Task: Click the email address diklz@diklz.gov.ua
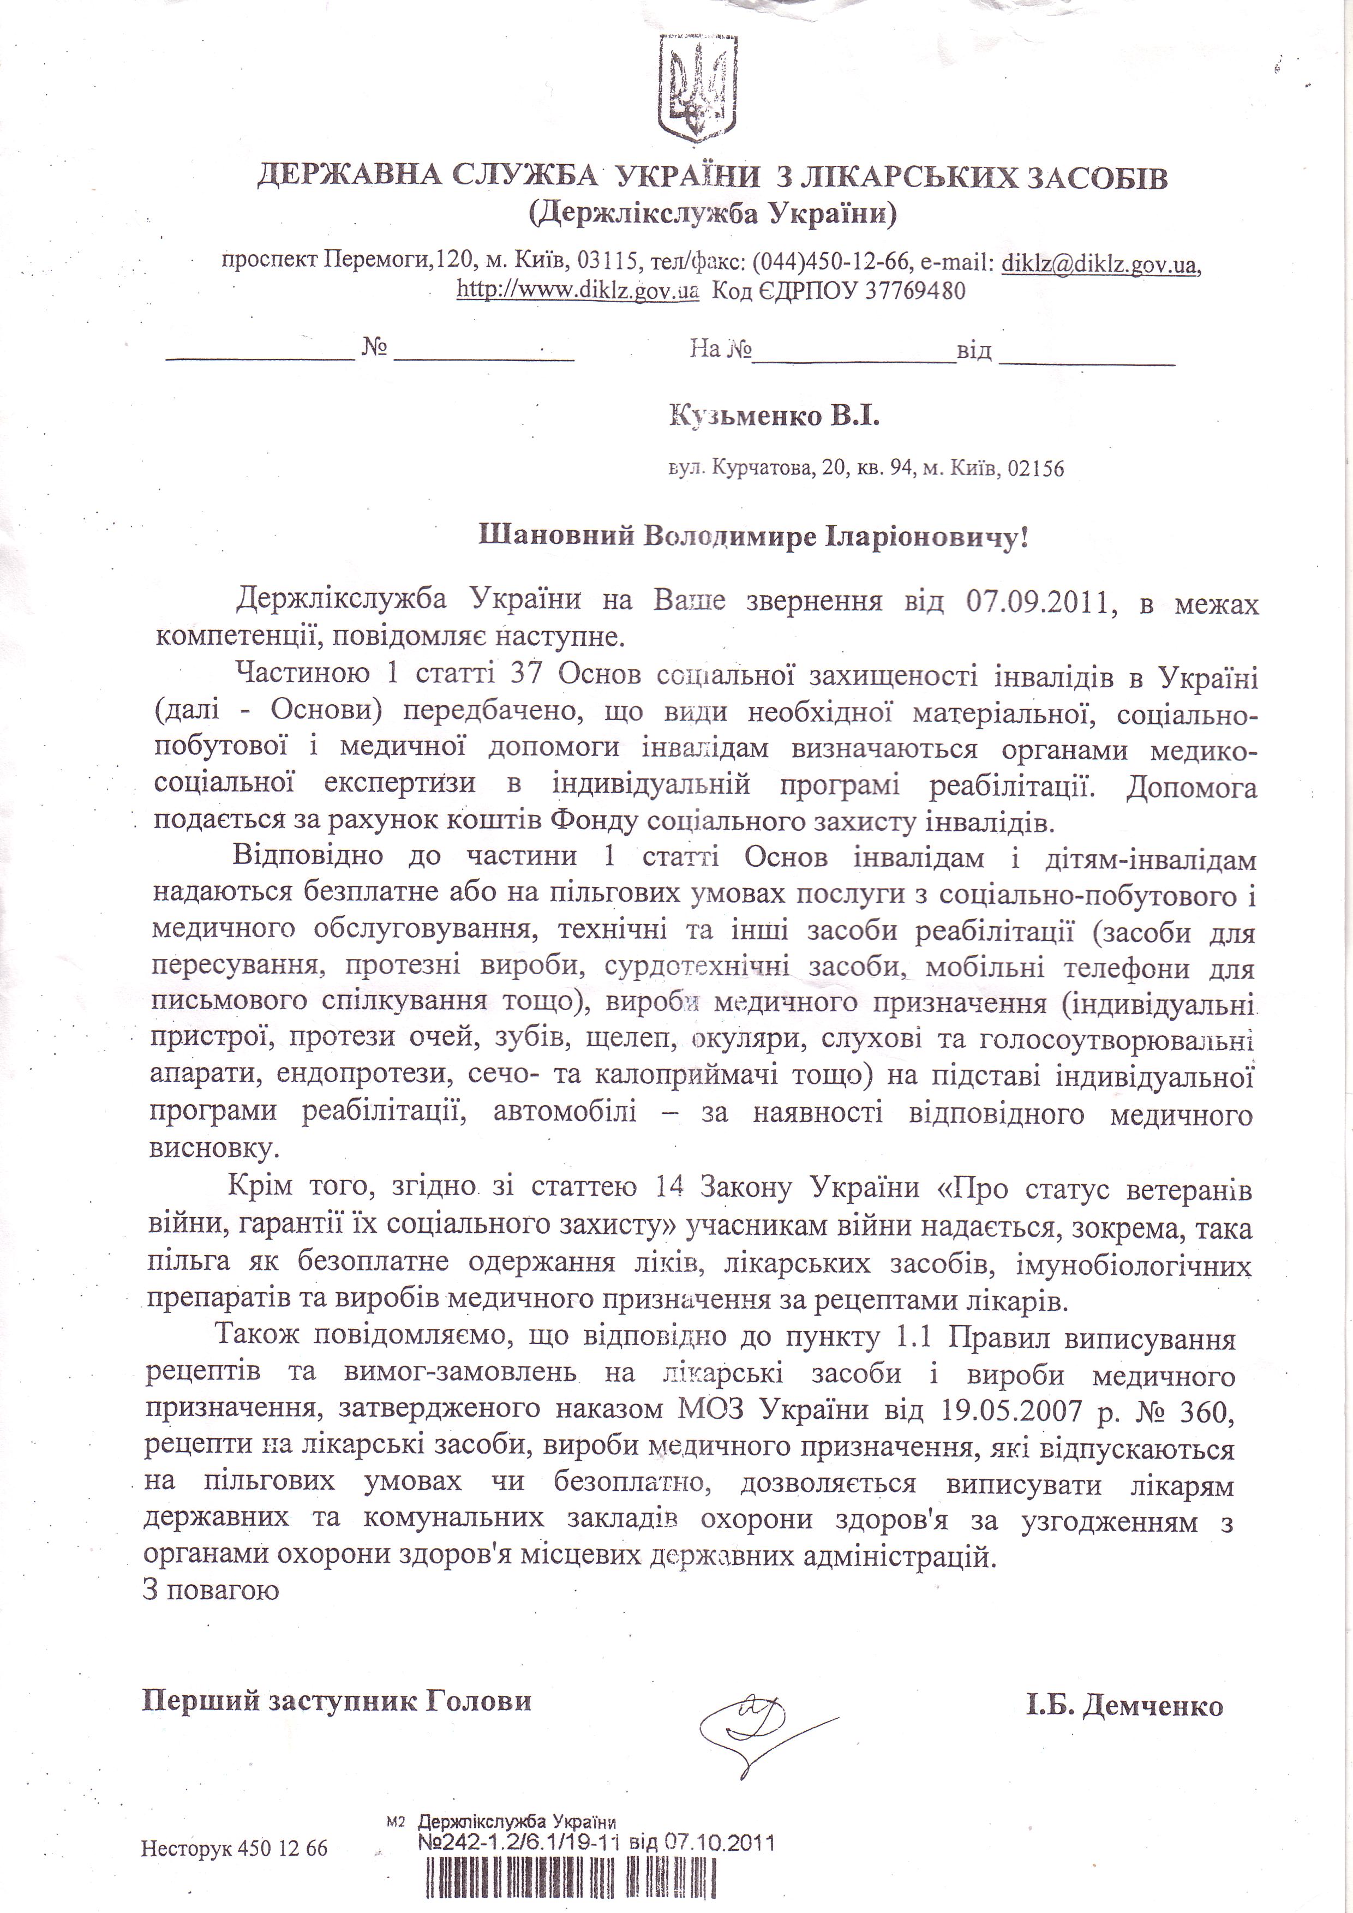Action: point(1100,264)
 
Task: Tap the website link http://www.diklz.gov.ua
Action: point(577,291)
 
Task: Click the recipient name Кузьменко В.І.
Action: point(774,416)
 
